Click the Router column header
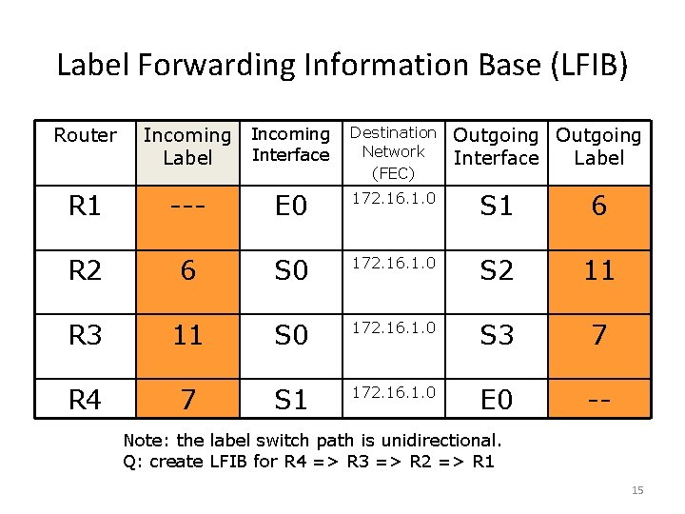pyautogui.click(x=85, y=135)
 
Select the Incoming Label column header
pyautogui.click(x=187, y=147)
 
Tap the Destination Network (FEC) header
pyautogui.click(x=393, y=151)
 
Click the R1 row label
pyautogui.click(x=85, y=207)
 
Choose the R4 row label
pyautogui.click(x=85, y=398)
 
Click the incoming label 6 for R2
pyautogui.click(x=187, y=271)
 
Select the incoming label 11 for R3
pyautogui.click(x=187, y=334)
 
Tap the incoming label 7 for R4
pyautogui.click(x=187, y=398)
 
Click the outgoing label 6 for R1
pyautogui.click(x=598, y=207)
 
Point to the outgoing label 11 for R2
pyautogui.click(x=598, y=270)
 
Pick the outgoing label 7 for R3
pyautogui.click(x=598, y=334)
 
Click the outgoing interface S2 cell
pyautogui.click(x=496, y=270)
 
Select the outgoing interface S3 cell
pyautogui.click(x=496, y=334)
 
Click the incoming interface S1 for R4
pyautogui.click(x=290, y=399)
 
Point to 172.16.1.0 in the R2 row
pyautogui.click(x=393, y=260)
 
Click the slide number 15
pyautogui.click(x=637, y=490)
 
